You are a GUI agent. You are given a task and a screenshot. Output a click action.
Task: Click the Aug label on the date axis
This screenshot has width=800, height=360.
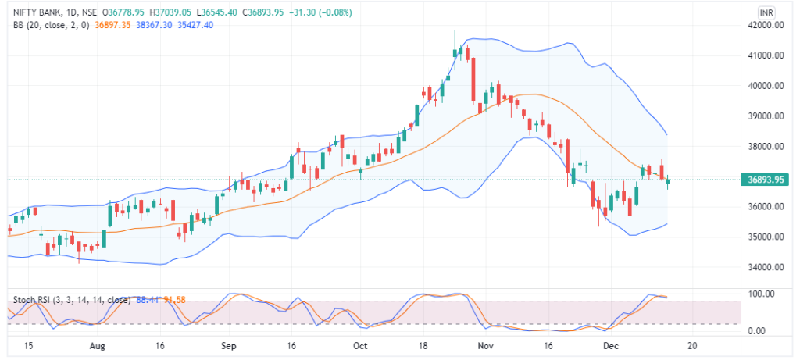click(97, 344)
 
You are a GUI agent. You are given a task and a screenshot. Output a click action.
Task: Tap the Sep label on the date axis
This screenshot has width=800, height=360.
click(228, 344)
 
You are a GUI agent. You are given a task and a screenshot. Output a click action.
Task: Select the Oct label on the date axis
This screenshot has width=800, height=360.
click(360, 344)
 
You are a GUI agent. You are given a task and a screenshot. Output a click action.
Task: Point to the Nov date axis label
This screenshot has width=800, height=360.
click(486, 344)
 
